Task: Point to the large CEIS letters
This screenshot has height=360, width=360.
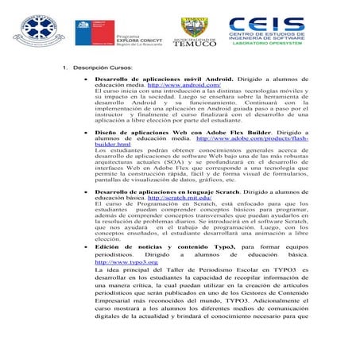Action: [266, 25]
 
